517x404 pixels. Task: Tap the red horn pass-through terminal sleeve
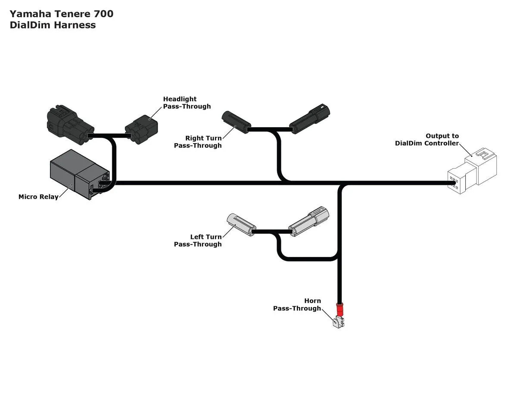[x=339, y=310]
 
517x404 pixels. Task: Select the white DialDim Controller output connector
[x=473, y=172]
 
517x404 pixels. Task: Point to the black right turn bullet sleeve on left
[x=236, y=122]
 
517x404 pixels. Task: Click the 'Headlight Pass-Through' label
[x=187, y=103]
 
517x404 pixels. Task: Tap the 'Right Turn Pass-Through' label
[x=198, y=142]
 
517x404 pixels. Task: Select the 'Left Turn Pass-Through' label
[x=198, y=241]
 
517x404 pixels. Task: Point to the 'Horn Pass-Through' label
[x=297, y=304]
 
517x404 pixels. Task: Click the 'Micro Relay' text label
[x=38, y=197]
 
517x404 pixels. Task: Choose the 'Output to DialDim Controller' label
[x=427, y=140]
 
